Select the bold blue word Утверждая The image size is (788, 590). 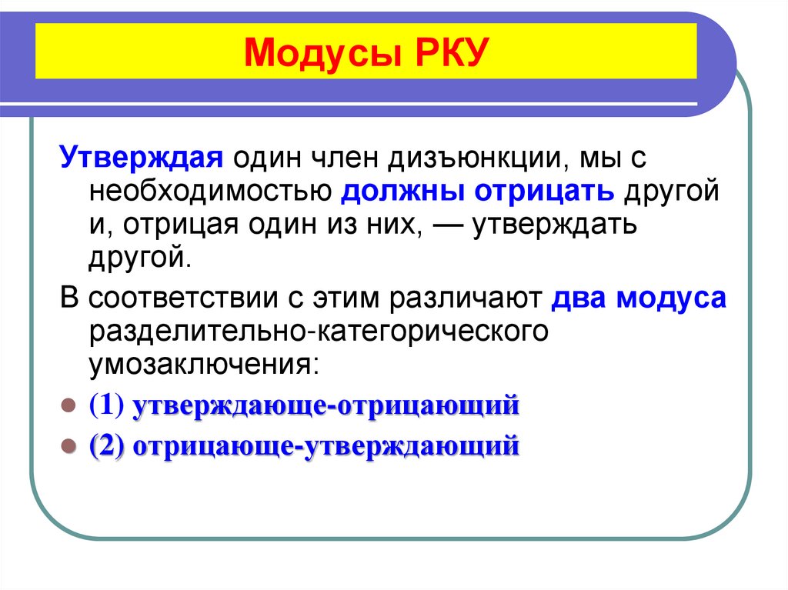pos(142,158)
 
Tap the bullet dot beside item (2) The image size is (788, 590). pos(67,445)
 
